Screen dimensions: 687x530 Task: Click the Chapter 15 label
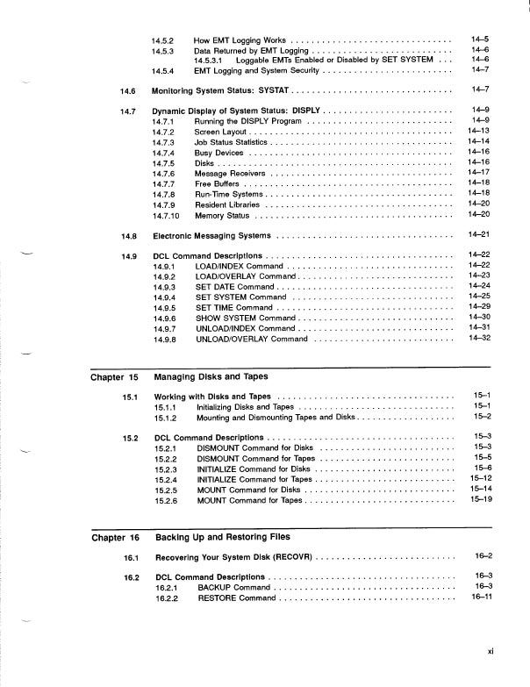[115, 377]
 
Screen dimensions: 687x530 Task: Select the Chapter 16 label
[115, 537]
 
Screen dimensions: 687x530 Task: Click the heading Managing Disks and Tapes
[211, 377]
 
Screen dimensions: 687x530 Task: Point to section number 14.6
[127, 89]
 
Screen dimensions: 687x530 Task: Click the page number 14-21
[478, 235]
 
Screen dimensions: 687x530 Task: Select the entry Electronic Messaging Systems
[211, 236]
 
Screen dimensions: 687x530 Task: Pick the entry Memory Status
[223, 215]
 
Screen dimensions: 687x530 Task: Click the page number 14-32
[478, 338]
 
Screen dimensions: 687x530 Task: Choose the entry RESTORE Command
[236, 598]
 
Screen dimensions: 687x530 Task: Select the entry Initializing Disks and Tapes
[245, 407]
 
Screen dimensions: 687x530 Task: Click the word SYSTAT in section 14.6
[268, 89]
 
